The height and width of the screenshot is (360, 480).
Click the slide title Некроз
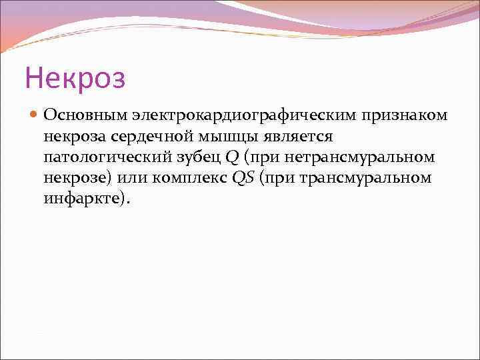pos(75,78)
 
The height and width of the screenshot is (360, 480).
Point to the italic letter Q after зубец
pos(232,157)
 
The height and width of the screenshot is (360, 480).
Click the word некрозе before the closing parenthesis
pos(74,179)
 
